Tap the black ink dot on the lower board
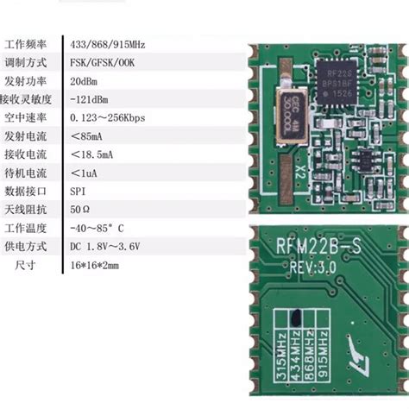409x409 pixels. [x=296, y=317]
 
